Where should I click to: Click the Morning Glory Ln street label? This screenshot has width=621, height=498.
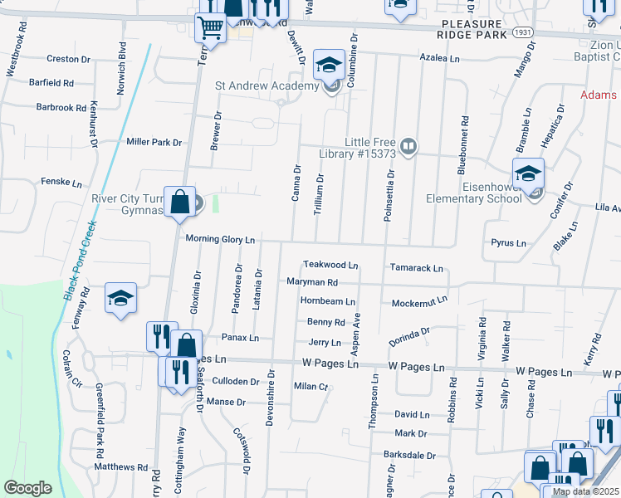(219, 240)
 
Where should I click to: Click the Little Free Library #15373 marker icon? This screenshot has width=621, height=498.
(408, 148)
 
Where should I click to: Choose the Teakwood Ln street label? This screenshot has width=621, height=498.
(330, 266)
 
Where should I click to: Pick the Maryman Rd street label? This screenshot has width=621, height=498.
(311, 283)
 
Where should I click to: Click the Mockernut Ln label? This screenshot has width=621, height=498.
(419, 302)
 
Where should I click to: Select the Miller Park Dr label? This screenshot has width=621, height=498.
(154, 142)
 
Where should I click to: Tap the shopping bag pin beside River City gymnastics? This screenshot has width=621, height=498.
(179, 203)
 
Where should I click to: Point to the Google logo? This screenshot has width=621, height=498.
(27, 487)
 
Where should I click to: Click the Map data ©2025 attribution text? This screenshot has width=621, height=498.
(585, 491)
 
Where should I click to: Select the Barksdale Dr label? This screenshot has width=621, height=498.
(409, 455)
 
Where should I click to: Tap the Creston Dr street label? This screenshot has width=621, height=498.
(68, 59)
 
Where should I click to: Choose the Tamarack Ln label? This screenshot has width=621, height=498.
(417, 268)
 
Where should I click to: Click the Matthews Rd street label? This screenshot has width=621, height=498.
(120, 467)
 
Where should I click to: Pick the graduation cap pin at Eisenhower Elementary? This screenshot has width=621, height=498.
(527, 175)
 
